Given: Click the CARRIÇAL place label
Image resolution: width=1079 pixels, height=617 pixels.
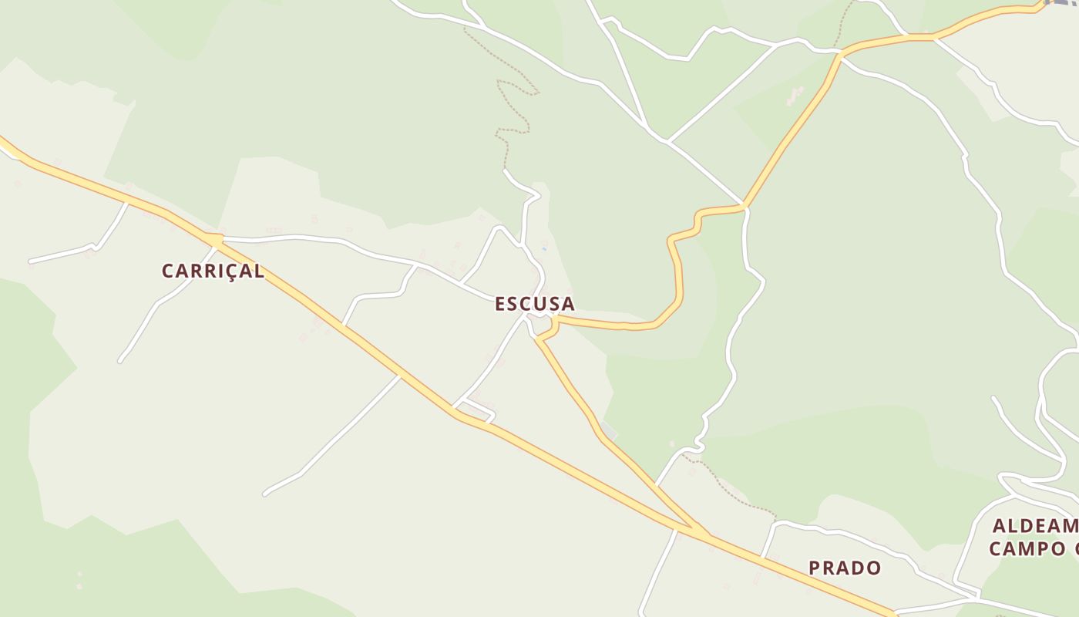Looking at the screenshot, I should click(213, 271).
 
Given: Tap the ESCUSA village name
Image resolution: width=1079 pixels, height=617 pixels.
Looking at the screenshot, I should click(534, 304).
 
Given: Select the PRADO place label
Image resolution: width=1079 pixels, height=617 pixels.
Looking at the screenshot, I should click(845, 568).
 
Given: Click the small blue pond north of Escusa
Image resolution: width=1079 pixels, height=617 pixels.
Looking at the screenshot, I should click(544, 247).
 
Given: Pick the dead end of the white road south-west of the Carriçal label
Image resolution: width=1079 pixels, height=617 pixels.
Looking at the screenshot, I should click(121, 360).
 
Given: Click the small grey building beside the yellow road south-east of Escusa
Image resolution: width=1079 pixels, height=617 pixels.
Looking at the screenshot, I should click(608, 429).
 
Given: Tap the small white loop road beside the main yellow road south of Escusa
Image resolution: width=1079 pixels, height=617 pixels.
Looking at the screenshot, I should click(478, 410).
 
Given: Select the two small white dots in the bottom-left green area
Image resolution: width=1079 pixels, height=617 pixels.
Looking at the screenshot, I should click(79, 580).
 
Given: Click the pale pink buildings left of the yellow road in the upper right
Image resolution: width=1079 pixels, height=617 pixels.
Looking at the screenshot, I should click(794, 96).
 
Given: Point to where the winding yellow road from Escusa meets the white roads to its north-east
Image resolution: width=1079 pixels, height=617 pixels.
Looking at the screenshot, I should click(744, 207).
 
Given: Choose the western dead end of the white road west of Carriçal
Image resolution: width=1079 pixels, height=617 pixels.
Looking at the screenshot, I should click(31, 261).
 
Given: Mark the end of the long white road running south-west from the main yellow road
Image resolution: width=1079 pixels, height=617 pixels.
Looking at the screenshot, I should click(266, 492).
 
